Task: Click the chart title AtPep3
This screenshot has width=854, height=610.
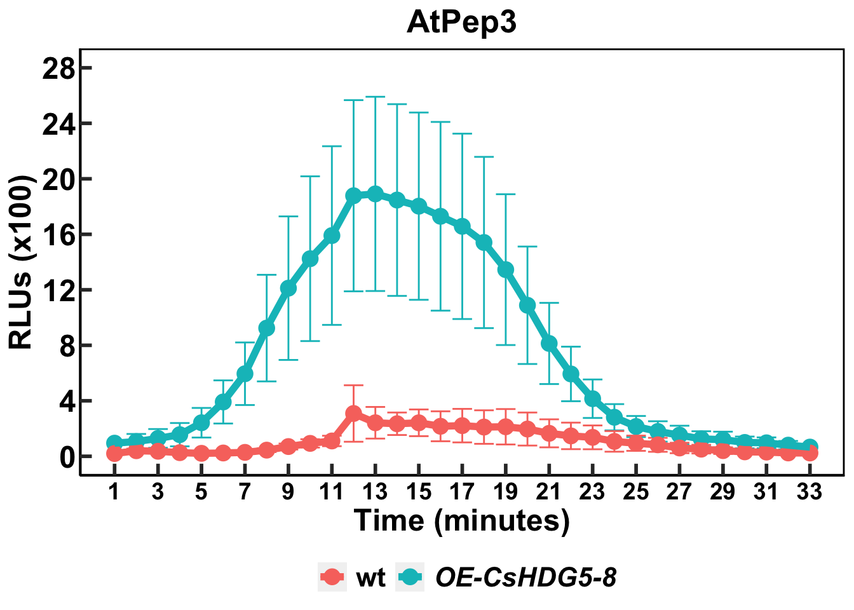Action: coord(461,23)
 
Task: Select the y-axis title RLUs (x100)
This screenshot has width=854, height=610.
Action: coord(20,262)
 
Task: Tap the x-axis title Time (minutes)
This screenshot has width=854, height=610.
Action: coord(462,520)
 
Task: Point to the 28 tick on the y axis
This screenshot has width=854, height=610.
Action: coord(58,68)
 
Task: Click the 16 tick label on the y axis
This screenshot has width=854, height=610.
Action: coord(58,234)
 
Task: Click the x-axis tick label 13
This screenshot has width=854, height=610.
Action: coord(375,492)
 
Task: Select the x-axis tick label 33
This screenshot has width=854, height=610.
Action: coord(810,492)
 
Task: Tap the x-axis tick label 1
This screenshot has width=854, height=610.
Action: coord(114,492)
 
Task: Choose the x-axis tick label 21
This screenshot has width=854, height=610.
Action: coord(549,492)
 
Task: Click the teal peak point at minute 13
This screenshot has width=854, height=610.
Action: coord(375,193)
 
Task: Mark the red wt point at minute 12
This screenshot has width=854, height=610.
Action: coord(354,414)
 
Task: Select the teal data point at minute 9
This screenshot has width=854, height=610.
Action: coord(288,288)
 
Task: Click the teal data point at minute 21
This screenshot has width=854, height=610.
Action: coord(549,344)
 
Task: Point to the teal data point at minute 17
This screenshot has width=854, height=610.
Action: coord(462,226)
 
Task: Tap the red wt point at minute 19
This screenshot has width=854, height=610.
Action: coord(506,426)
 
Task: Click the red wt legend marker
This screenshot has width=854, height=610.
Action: coord(332,577)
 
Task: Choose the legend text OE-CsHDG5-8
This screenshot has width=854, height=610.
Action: coord(525,578)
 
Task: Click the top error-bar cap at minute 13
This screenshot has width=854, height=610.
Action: coord(375,97)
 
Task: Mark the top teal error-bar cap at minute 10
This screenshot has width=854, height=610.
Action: coord(310,176)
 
